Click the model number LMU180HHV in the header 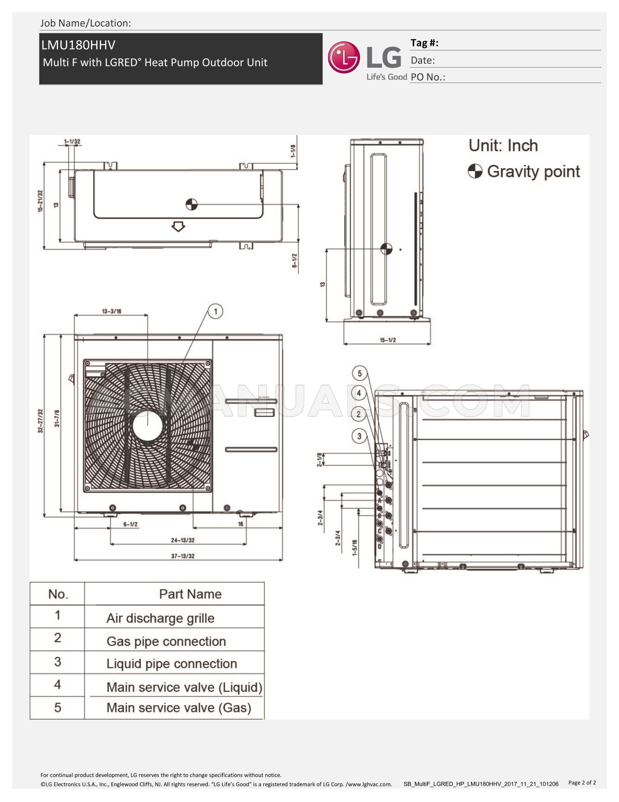(x=78, y=45)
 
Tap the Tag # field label (x=424, y=43)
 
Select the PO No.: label (x=428, y=77)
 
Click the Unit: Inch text (x=503, y=146)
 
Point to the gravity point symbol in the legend (x=475, y=171)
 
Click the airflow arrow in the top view (x=178, y=227)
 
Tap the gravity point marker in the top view (x=192, y=204)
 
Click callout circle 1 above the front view (x=215, y=312)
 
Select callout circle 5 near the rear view (x=360, y=373)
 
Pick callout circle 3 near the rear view (x=360, y=436)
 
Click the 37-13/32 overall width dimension (x=183, y=556)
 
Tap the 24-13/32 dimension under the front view (x=183, y=540)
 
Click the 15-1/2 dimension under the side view (x=388, y=340)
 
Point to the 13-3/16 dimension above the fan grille (x=112, y=311)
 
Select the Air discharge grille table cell (x=160, y=619)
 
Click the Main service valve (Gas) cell (x=179, y=708)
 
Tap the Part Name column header (x=190, y=594)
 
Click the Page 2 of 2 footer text (x=582, y=783)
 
